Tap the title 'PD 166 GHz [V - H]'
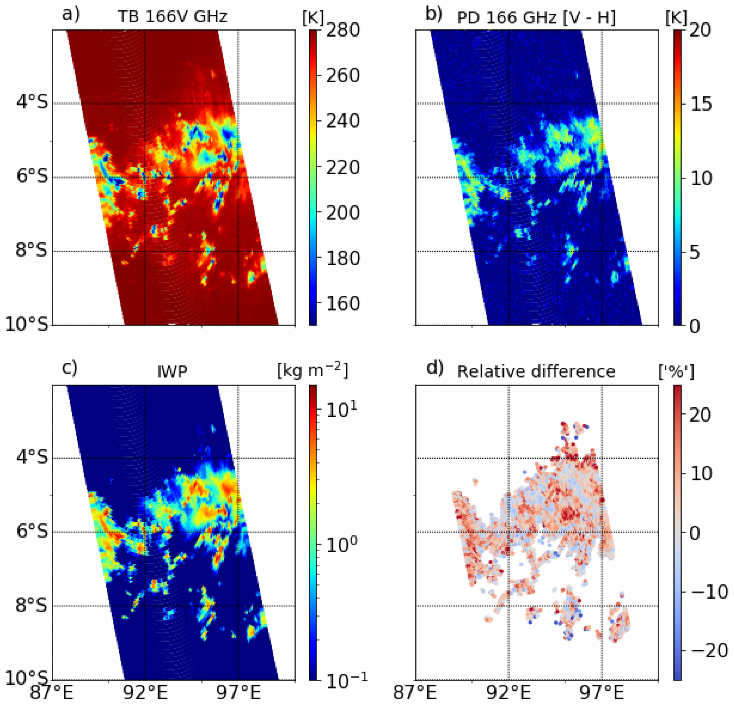tap(536, 17)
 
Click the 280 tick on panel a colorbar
tap(343, 30)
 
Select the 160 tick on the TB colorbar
tap(343, 304)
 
